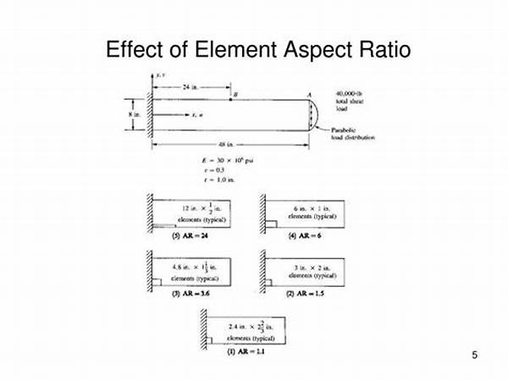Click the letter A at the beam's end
click(x=310, y=95)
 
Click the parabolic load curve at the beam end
click(x=319, y=114)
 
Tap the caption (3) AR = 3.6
click(x=189, y=292)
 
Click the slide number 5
click(x=475, y=355)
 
